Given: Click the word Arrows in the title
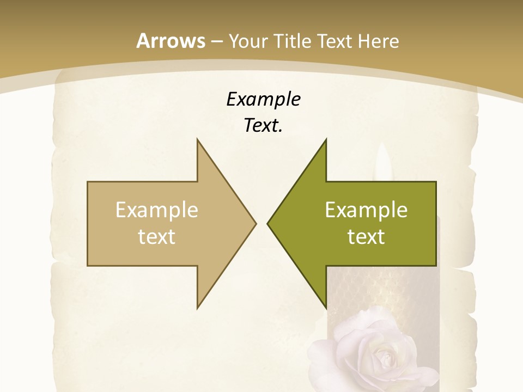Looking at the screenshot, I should click(171, 41).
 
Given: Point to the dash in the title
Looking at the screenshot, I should click(216, 42).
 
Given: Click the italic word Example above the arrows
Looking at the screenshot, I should click(263, 99).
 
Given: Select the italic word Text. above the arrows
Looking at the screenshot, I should click(263, 125).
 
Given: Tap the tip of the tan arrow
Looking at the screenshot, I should click(256, 223).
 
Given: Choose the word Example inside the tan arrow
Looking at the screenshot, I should click(157, 210).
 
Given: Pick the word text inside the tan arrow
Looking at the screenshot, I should click(157, 236).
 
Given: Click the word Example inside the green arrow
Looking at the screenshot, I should click(366, 210).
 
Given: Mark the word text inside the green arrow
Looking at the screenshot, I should click(366, 236).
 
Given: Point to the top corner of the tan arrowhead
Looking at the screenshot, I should click(197, 139).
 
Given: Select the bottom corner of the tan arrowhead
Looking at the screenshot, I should click(197, 308).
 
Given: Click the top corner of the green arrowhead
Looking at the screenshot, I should click(326, 139).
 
